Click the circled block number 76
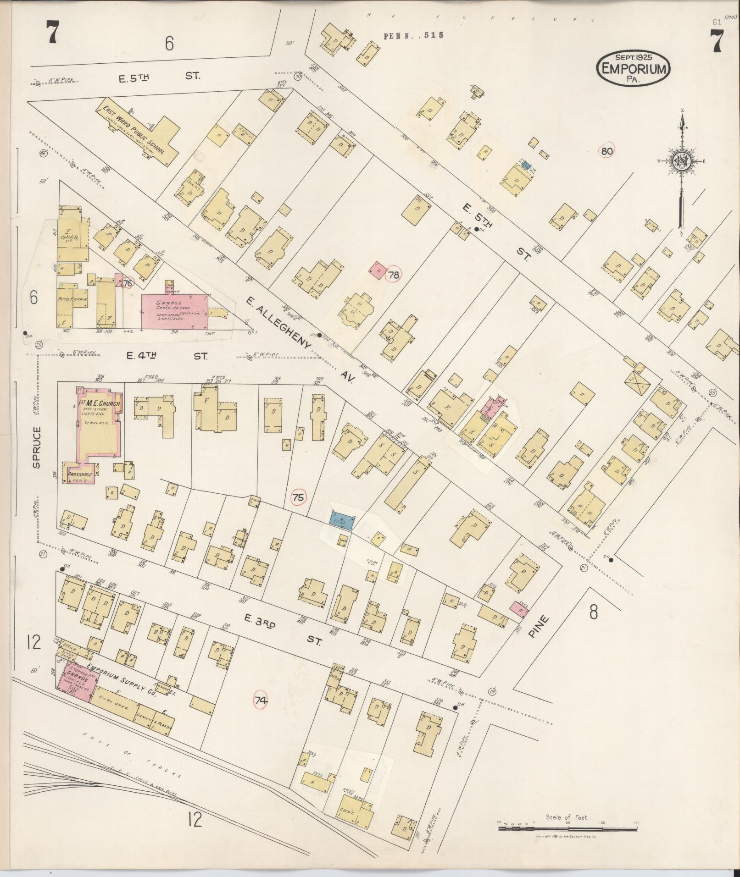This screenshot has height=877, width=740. [x=128, y=283]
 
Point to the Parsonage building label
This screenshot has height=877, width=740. [x=80, y=475]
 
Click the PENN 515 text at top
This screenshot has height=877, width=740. [x=413, y=36]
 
